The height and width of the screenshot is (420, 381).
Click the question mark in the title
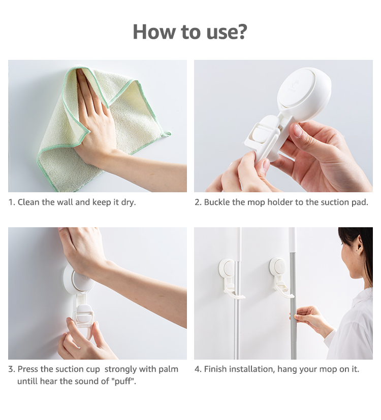point(241,31)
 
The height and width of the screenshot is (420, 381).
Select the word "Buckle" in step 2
point(217,202)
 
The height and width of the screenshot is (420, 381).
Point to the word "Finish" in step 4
point(215,369)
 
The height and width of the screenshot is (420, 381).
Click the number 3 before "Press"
point(11,369)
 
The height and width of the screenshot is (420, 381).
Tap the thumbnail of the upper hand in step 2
point(298,131)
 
